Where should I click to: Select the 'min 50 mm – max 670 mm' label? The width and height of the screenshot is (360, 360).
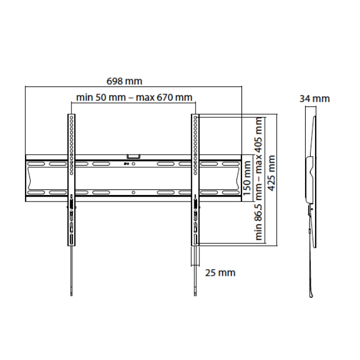[135, 97]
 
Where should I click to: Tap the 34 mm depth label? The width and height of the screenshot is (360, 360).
[314, 99]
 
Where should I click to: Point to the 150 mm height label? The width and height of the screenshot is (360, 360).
[248, 178]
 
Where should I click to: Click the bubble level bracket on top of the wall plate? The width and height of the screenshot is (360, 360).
[133, 157]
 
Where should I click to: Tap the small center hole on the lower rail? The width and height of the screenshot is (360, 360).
[134, 193]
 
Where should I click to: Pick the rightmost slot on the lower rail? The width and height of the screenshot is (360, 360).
[228, 193]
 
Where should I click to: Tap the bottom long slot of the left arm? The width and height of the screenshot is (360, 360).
[71, 239]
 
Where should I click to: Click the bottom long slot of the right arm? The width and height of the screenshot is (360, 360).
[196, 239]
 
